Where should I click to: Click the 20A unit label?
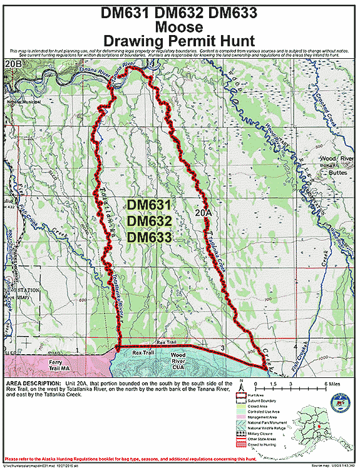coord(203,213)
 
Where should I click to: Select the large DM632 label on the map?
coord(148,221)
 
